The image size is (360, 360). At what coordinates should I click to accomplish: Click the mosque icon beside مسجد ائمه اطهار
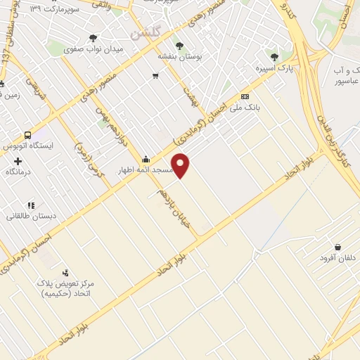(146, 159)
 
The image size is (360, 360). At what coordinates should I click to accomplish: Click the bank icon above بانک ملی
(244, 96)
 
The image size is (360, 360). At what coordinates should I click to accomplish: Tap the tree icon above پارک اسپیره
(274, 57)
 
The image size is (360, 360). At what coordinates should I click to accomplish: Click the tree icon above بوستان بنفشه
(179, 46)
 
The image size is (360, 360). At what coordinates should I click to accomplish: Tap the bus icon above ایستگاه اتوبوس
(27, 135)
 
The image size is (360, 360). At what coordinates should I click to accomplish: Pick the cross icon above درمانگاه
(18, 161)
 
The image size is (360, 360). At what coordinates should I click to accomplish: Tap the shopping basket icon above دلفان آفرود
(339, 247)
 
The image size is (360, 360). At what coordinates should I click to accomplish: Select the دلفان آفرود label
(337, 258)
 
